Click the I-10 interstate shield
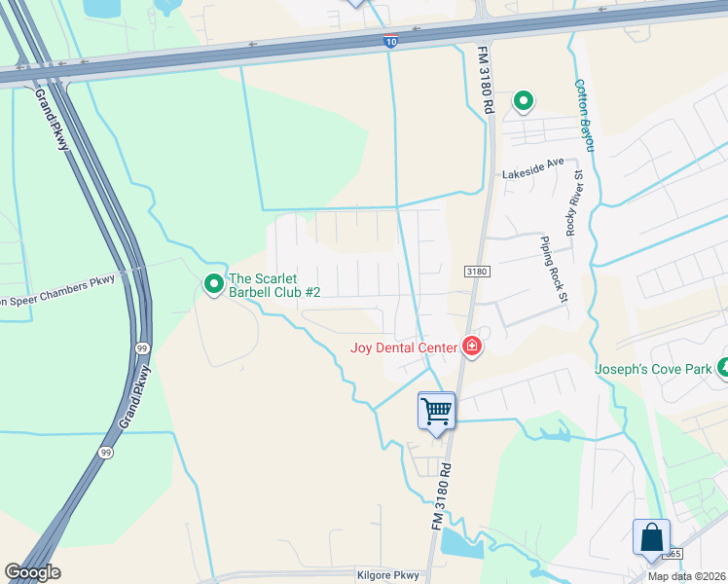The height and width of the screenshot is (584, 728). coord(389,40)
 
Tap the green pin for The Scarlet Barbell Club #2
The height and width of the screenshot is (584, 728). coord(213,283)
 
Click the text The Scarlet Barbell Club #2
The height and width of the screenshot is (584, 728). coord(274,284)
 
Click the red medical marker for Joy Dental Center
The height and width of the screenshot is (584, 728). coord(472,346)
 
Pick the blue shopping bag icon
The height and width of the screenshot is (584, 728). coord(651,537)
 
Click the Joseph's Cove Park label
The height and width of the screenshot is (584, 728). coord(654,369)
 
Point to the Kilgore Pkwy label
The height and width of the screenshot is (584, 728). coord(388,575)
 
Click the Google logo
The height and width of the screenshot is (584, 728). coord(32,572)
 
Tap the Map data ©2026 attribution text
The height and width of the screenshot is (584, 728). coord(687,576)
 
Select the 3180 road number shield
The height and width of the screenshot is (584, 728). coord(476,272)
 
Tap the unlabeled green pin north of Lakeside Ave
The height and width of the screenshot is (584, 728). coord(524,100)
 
